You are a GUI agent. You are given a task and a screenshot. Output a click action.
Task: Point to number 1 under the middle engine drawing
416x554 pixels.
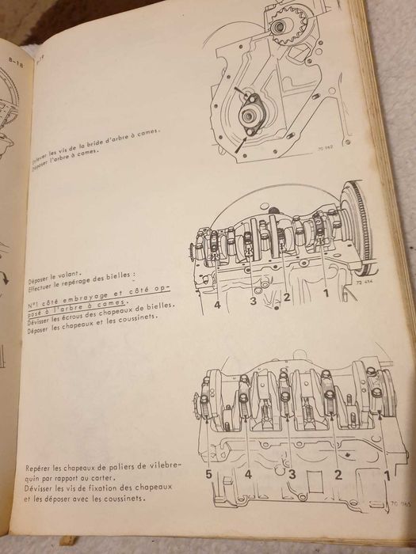click(325, 294)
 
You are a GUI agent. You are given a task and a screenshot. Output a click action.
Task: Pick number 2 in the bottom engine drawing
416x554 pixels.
click(338, 476)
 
